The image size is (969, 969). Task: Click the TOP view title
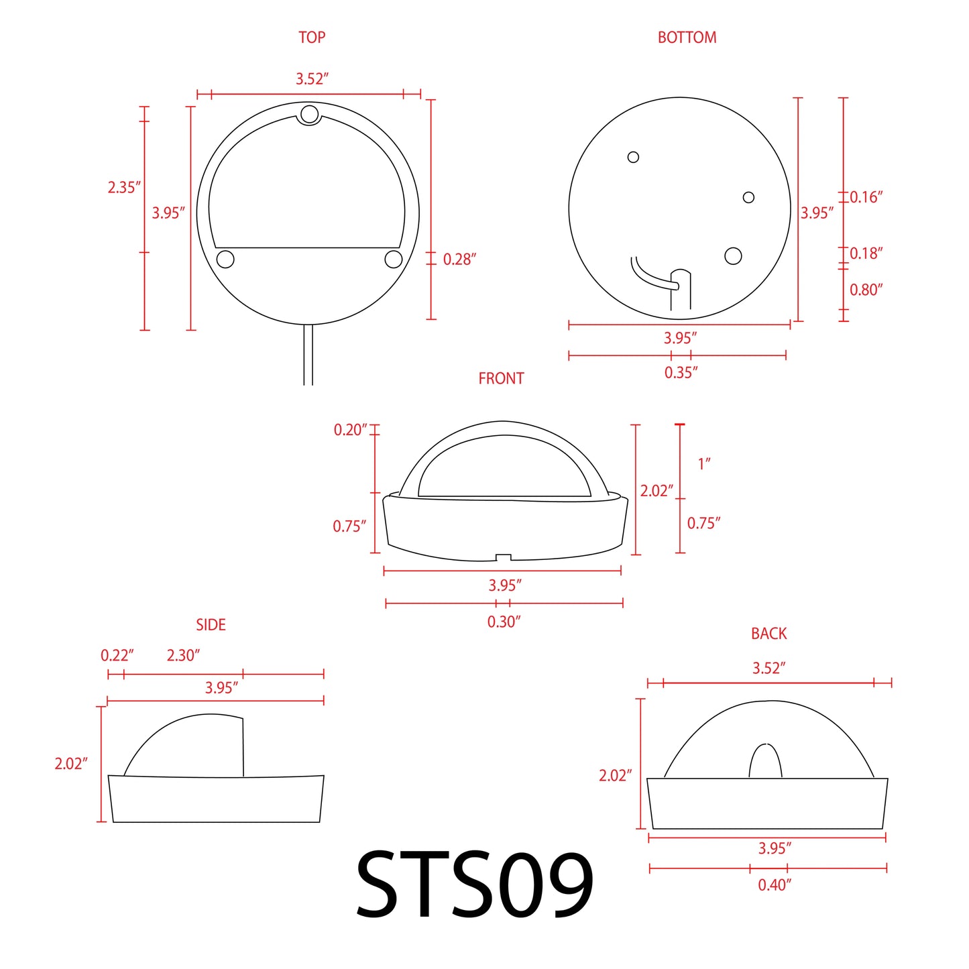point(312,38)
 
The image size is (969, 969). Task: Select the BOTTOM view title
point(687,38)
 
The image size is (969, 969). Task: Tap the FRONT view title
point(501,379)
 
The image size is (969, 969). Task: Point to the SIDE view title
point(211,625)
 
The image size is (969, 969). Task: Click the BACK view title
point(768,634)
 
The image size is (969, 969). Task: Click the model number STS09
point(475,885)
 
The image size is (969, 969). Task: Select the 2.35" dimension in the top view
point(124,188)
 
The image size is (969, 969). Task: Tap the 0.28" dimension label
point(459,260)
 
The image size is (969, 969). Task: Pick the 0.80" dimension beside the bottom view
point(866,290)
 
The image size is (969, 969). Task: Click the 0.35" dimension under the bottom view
point(681,373)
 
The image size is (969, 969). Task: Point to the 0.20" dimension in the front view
point(350,430)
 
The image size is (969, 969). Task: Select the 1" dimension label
point(703,464)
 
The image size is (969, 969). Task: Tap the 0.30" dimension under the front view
point(504,622)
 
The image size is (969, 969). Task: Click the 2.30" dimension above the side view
point(183,655)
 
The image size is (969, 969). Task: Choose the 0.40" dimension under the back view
point(774,885)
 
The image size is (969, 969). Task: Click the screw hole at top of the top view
point(309,114)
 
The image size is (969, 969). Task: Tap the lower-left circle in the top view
point(225,259)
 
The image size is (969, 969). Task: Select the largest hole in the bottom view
point(733,256)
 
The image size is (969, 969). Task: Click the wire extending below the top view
point(308,355)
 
